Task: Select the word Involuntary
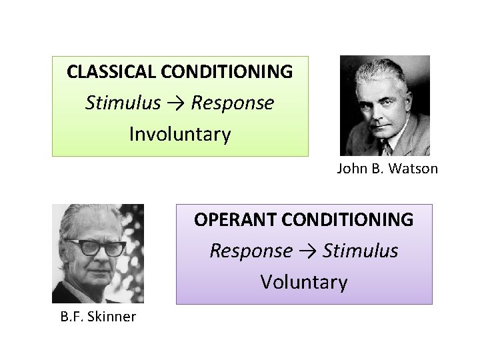click(x=180, y=135)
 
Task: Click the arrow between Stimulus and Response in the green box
click(x=176, y=103)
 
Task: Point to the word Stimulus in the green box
click(x=123, y=103)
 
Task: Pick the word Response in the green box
click(x=232, y=103)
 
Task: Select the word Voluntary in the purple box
click(x=304, y=283)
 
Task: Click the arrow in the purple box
click(x=307, y=251)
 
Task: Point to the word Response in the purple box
click(x=251, y=251)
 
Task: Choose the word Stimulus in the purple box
click(x=360, y=251)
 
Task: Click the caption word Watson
click(x=414, y=169)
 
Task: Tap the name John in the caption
click(x=350, y=169)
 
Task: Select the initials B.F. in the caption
click(x=71, y=317)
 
